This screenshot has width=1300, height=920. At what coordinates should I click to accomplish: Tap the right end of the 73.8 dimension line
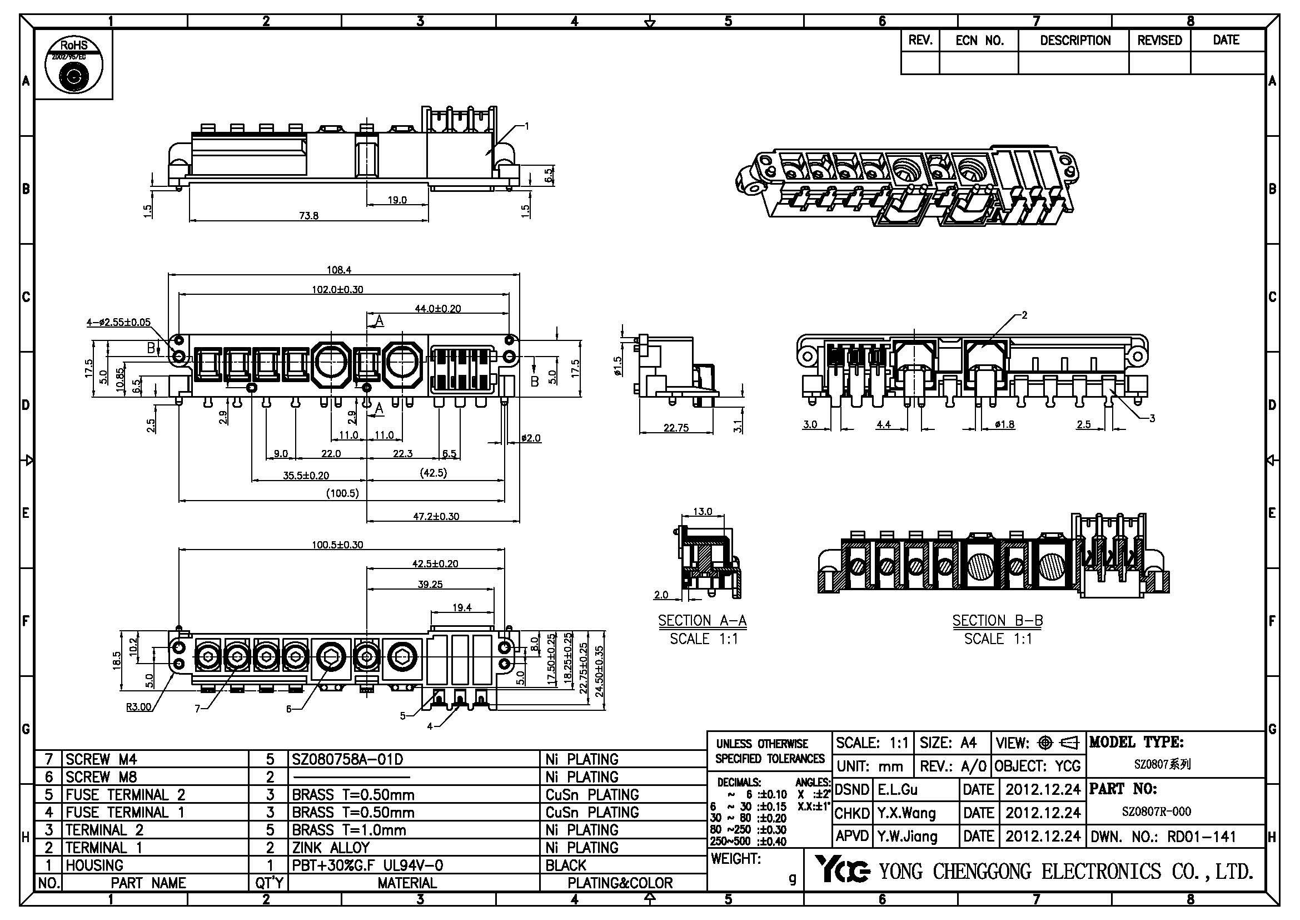click(x=428, y=220)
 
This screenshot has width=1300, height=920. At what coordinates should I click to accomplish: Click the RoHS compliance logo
click(x=73, y=65)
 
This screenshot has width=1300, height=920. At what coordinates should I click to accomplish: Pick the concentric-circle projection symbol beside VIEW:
click(x=1045, y=743)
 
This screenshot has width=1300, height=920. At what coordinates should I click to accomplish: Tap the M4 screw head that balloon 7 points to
click(x=236, y=657)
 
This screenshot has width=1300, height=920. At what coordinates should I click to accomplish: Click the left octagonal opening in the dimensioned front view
click(x=329, y=364)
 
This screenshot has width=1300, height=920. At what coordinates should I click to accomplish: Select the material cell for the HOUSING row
click(x=414, y=865)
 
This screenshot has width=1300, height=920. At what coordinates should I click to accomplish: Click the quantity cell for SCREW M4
click(x=270, y=759)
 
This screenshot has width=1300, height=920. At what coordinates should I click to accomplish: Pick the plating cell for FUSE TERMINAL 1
click(x=623, y=812)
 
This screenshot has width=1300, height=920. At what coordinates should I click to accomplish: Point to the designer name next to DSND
click(x=898, y=789)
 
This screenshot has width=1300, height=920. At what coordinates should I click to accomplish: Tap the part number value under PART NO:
click(x=1156, y=811)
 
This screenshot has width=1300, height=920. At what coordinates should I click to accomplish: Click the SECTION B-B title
click(x=998, y=621)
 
